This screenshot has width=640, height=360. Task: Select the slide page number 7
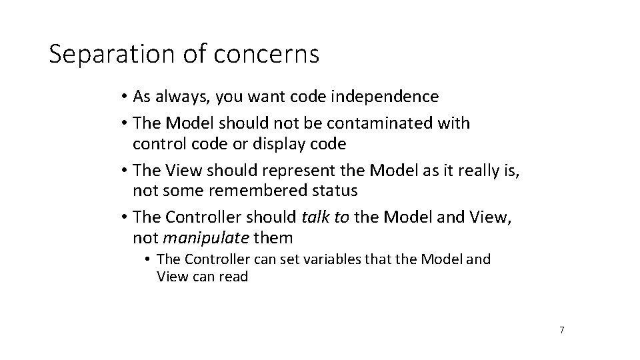[562, 329]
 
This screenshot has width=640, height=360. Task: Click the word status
[335, 191]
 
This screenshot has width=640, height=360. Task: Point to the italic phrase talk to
[325, 217]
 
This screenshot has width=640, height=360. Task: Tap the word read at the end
[233, 277]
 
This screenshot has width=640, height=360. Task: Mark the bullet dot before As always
[125, 97]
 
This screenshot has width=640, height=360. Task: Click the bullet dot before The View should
[125, 171]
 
